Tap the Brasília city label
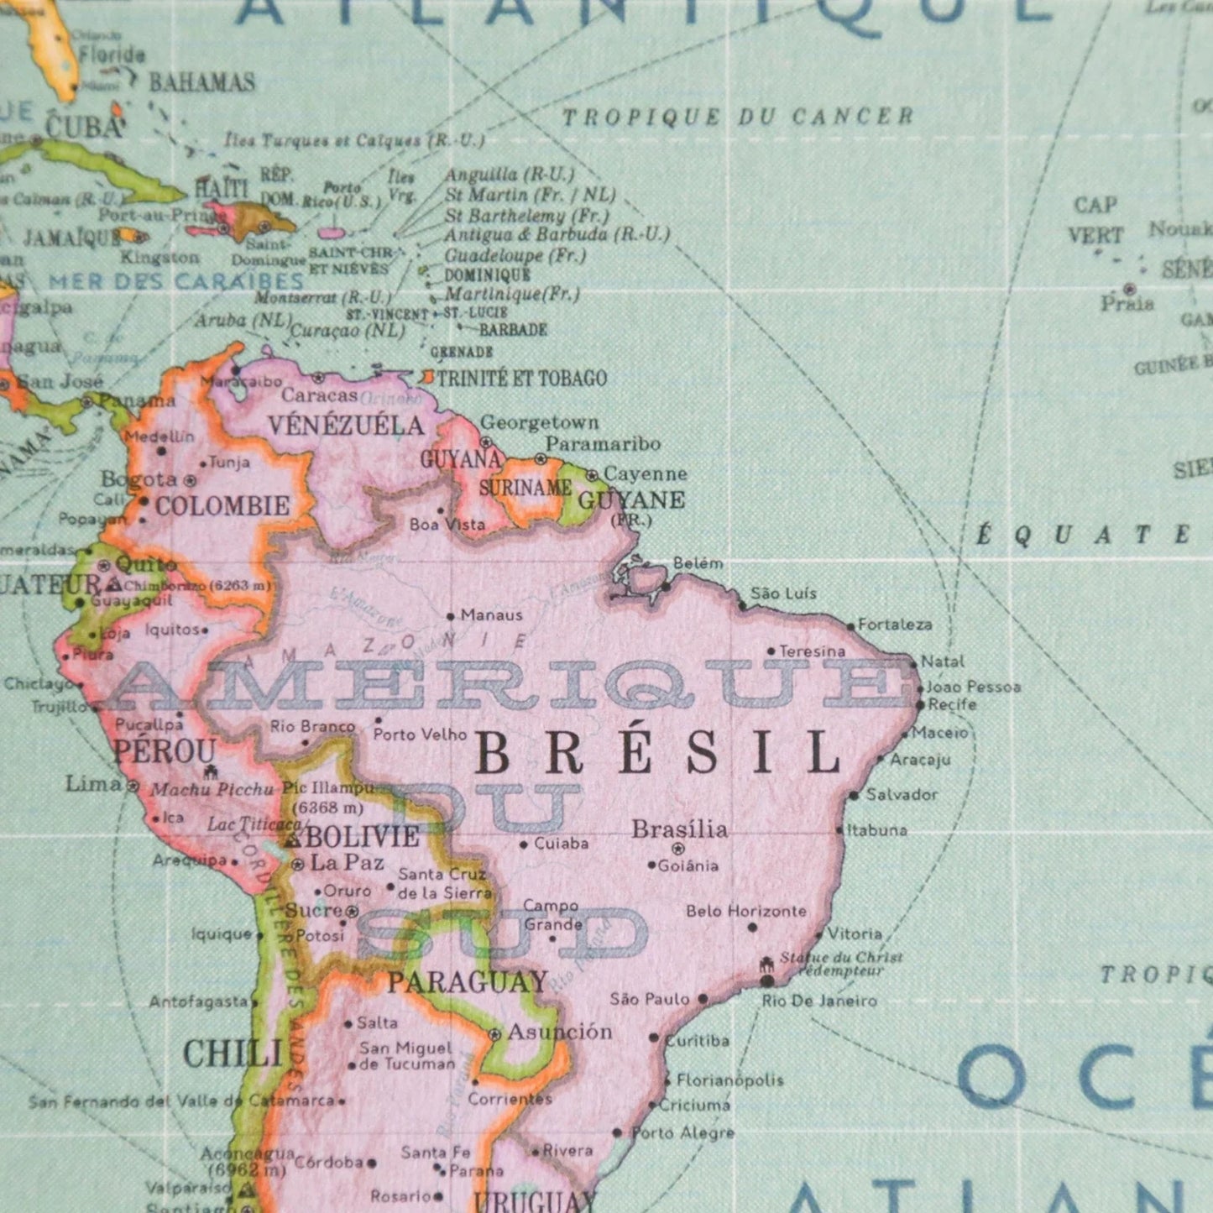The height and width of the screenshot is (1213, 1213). click(x=679, y=829)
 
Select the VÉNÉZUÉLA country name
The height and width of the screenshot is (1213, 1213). click(x=346, y=425)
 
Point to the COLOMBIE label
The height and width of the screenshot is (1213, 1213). click(x=222, y=505)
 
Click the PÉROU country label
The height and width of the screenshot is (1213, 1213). click(x=165, y=750)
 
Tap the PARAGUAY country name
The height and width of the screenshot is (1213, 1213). click(x=467, y=981)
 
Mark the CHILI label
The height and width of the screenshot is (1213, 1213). click(x=232, y=1054)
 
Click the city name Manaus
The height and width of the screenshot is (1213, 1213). click(x=491, y=615)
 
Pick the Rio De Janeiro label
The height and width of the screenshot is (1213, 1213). click(x=819, y=1001)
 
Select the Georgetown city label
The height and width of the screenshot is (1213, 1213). click(x=539, y=422)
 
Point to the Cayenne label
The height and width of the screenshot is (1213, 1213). click(x=645, y=474)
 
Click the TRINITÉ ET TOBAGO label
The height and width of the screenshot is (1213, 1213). click(x=521, y=379)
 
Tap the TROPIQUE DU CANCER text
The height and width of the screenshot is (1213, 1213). click(x=738, y=117)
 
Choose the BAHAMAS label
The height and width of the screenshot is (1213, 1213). click(x=201, y=82)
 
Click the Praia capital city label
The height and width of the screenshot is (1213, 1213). click(x=1127, y=304)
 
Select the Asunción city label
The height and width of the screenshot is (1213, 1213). click(x=559, y=1032)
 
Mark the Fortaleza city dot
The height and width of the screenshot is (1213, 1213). click(x=850, y=626)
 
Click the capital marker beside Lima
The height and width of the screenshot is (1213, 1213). click(x=133, y=786)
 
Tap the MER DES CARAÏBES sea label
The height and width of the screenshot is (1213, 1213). click(x=176, y=281)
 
